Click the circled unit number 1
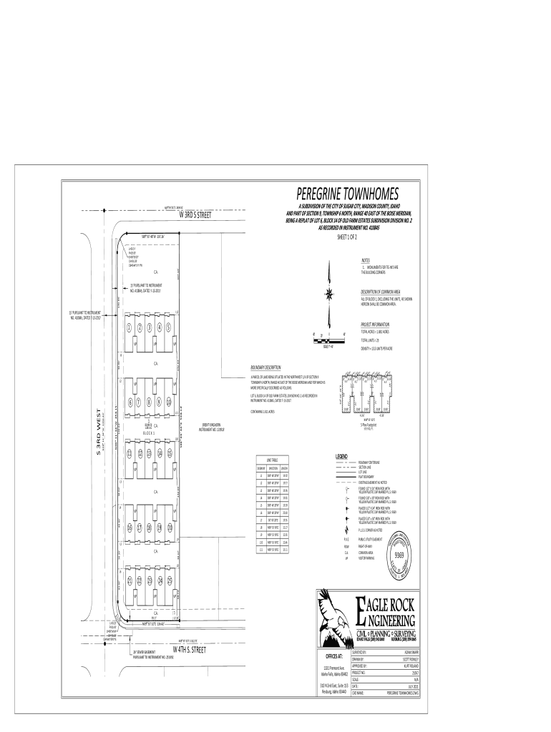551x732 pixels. [x=129, y=328]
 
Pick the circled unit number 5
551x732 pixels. [x=169, y=328]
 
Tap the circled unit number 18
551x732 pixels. [x=149, y=528]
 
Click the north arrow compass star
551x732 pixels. [x=328, y=292]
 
